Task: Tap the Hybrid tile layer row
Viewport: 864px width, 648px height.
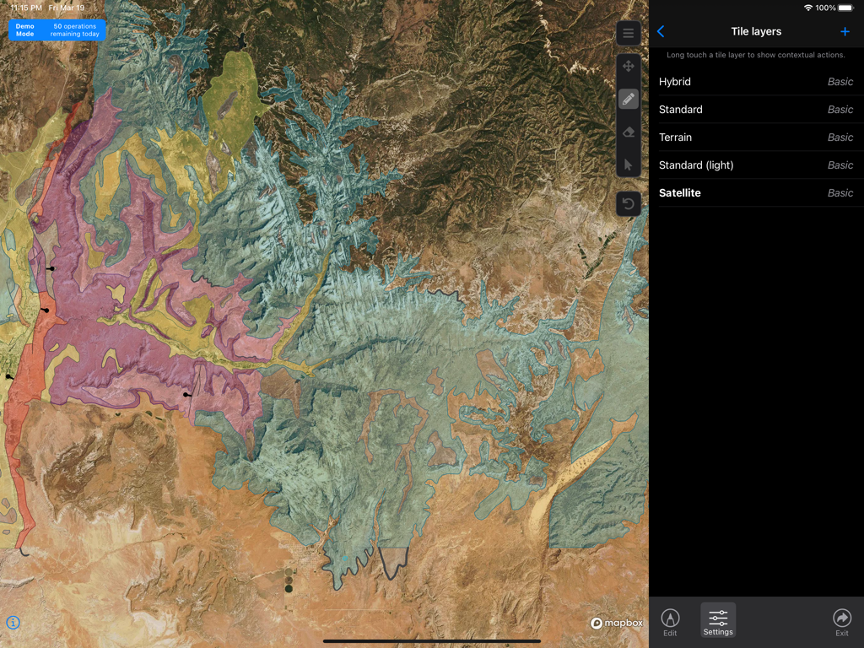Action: point(755,82)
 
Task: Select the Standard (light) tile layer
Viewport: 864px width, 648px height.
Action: point(755,165)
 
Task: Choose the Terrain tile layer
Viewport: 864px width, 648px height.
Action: point(755,138)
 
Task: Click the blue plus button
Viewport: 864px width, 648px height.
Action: point(845,32)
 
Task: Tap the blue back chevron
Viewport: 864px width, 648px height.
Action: point(661,32)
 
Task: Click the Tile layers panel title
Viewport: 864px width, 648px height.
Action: point(756,32)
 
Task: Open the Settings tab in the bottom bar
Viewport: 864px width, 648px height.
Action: point(718,621)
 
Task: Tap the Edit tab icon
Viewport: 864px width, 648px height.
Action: point(670,621)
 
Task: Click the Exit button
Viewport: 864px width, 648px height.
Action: point(841,621)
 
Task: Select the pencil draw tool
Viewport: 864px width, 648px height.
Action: point(629,100)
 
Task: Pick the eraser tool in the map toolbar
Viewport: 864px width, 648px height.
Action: point(629,132)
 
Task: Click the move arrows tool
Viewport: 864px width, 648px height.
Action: point(629,67)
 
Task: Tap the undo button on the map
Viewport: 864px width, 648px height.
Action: point(629,203)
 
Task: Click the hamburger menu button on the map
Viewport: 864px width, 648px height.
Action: point(629,33)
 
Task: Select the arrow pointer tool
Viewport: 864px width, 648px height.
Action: point(629,165)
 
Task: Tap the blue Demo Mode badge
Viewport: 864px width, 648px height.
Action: point(57,30)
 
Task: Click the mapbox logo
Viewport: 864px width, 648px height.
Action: point(617,624)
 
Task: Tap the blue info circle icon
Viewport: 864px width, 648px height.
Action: point(13,623)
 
